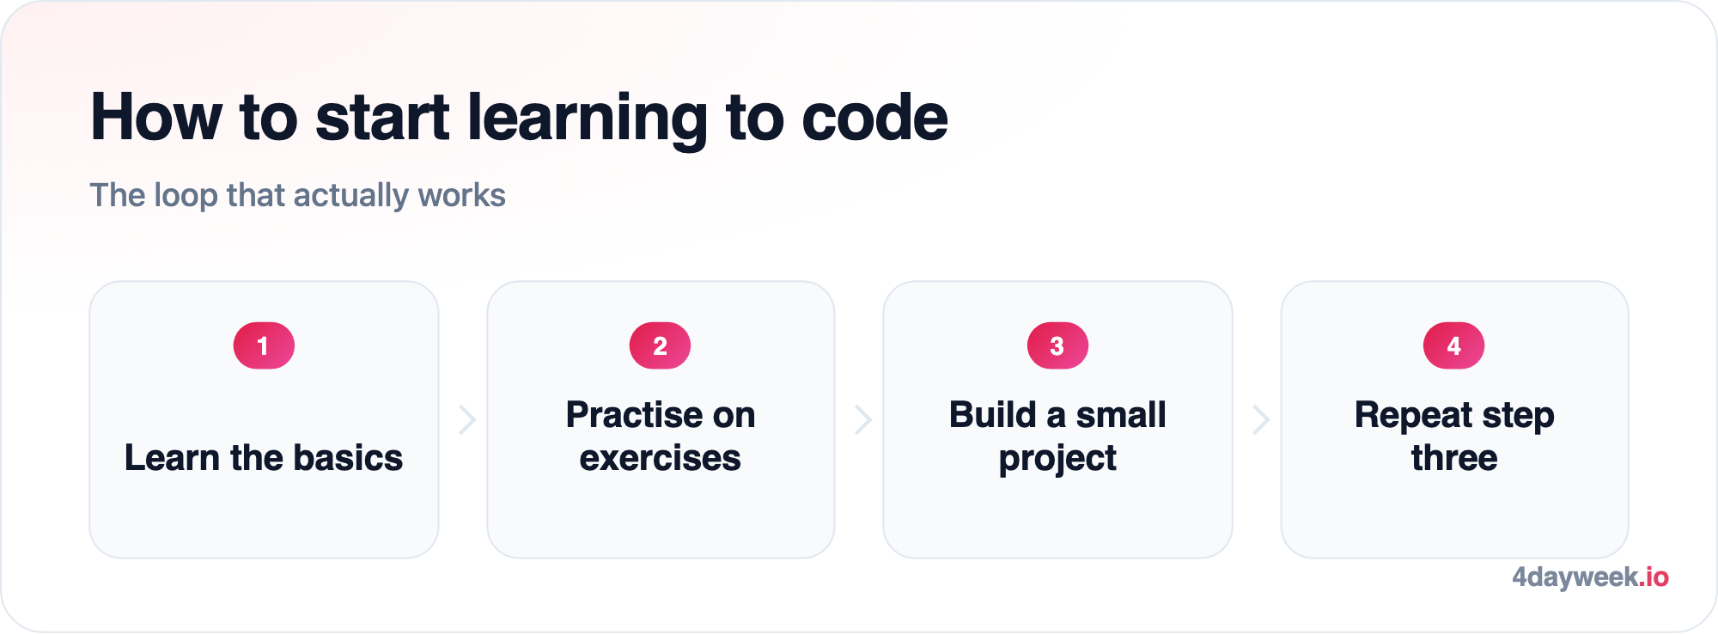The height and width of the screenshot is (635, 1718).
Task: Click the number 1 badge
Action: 264,345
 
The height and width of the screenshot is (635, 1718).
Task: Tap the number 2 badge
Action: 660,345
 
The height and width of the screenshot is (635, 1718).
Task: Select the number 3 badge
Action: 1057,345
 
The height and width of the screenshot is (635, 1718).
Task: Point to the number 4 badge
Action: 1453,345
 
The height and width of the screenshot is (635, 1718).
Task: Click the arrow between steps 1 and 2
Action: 468,419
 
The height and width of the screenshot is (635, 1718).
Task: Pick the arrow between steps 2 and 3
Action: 864,419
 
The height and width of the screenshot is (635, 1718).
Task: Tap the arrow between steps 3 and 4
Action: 1261,419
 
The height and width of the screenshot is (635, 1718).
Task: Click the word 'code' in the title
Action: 874,117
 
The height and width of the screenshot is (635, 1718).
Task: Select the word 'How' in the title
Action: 156,117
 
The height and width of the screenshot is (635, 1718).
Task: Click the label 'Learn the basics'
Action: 264,457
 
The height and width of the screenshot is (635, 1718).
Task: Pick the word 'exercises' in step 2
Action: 660,458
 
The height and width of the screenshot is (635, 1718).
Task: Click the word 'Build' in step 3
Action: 993,415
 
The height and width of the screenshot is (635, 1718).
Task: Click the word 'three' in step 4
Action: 1453,458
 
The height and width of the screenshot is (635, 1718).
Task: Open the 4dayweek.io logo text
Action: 1590,577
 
